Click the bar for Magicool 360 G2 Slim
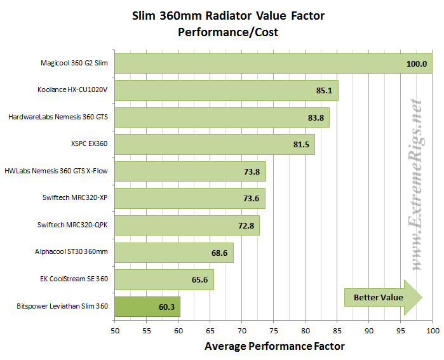273,63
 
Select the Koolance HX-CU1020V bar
226,90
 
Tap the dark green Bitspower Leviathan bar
147,307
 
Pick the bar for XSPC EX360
214,144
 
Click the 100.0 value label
416,63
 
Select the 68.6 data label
220,253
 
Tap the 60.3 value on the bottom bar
167,307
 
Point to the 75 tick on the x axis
273,331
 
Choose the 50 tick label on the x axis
114,331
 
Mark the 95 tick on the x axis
401,331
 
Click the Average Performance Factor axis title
274,346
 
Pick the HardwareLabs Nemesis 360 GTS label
58,117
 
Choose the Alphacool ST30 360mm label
71,253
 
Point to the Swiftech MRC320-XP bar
189,199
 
